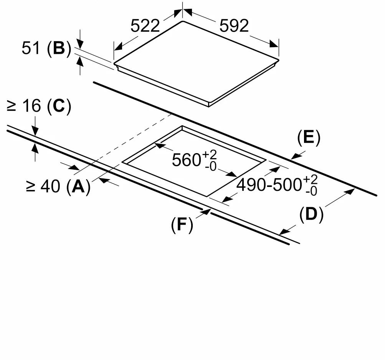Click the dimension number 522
point(145,26)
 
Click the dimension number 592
point(234,26)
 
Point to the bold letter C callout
point(59,106)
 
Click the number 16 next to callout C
point(31,106)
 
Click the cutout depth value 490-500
point(269,185)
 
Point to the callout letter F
point(182,224)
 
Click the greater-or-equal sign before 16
point(12,106)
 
